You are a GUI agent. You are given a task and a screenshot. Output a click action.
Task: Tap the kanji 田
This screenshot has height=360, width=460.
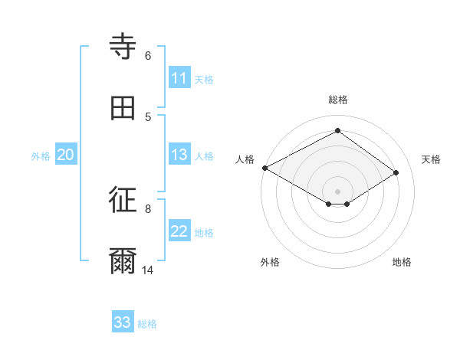coord(123,108)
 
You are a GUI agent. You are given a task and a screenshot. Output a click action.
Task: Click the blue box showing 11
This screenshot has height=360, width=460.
coord(179,78)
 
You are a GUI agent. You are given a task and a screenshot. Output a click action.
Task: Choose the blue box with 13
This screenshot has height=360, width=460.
coord(179,155)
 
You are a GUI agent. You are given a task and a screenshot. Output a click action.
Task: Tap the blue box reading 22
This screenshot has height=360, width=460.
coord(179,231)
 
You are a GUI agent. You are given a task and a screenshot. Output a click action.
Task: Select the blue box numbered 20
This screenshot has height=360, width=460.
coord(66,155)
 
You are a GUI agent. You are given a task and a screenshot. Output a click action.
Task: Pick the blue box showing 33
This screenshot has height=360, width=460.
coord(123,322)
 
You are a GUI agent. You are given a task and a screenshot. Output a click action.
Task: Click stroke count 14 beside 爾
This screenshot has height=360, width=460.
coord(148,270)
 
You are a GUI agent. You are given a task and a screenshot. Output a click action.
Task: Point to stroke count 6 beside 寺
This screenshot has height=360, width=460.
coord(147,55)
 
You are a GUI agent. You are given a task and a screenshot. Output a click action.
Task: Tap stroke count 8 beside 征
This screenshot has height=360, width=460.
coord(147,208)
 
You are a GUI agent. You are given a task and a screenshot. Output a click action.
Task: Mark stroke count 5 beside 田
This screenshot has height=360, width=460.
coord(147,116)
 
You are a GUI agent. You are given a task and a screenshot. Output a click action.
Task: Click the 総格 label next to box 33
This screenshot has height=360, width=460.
coord(147,324)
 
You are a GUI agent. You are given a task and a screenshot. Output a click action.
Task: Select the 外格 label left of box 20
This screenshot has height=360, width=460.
coord(41,156)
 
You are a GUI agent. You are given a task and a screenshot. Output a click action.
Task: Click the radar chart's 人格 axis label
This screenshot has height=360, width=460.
coord(245,159)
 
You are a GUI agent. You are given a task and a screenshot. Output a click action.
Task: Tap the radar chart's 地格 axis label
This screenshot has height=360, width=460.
coord(402,262)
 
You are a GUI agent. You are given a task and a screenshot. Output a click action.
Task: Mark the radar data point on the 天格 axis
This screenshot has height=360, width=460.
coord(396,172)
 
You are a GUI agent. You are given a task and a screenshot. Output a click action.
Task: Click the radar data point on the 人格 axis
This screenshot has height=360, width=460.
coord(264,168)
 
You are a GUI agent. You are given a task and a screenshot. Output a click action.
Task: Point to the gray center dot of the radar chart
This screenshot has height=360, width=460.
coord(337,191)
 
